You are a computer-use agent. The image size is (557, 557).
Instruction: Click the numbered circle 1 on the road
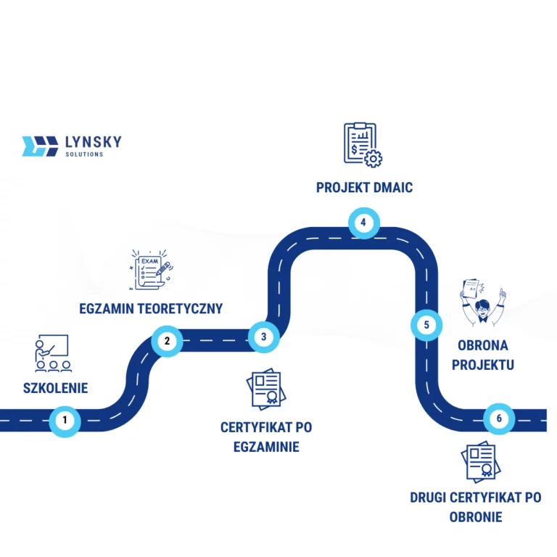tap(65, 420)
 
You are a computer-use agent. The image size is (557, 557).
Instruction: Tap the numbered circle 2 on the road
tap(168, 340)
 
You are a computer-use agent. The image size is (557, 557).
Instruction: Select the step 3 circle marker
tap(263, 337)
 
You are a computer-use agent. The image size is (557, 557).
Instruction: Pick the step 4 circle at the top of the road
tap(363, 222)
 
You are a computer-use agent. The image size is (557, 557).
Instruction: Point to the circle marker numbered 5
tap(426, 325)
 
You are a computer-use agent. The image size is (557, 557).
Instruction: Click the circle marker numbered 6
tap(498, 418)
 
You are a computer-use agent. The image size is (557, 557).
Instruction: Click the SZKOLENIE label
tap(55, 388)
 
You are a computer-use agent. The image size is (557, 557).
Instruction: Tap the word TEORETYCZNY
tap(177, 308)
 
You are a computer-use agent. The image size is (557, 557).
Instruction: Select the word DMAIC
tap(393, 188)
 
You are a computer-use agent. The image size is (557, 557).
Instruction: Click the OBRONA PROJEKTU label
tap(482, 355)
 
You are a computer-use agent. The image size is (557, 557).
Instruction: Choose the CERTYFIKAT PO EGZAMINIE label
tap(266, 437)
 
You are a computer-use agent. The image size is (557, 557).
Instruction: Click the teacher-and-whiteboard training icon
tap(53, 353)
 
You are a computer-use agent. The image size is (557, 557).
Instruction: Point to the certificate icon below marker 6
tap(479, 461)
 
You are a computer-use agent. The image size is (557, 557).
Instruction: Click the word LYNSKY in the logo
tap(93, 141)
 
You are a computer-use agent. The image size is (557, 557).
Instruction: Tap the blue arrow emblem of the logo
tap(40, 146)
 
